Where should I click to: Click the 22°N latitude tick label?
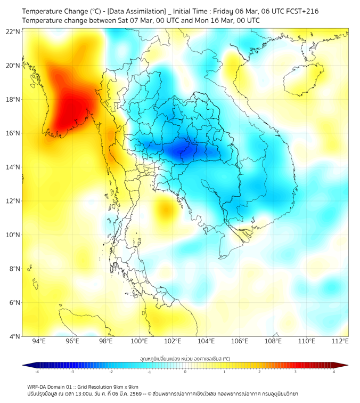[x=13, y=32]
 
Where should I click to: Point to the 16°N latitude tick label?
[x=13, y=133]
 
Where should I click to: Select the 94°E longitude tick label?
[x=39, y=341]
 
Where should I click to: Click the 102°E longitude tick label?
[x=173, y=341]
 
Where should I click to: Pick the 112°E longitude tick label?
[x=340, y=341]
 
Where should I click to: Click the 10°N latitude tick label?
[x=13, y=235]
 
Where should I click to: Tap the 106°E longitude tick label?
[x=240, y=341]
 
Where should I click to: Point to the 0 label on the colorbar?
[x=185, y=372]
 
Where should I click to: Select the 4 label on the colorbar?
[x=334, y=372]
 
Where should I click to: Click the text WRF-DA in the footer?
[x=37, y=386]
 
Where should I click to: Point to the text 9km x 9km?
[x=125, y=386]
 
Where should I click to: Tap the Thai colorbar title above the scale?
[x=185, y=358]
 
